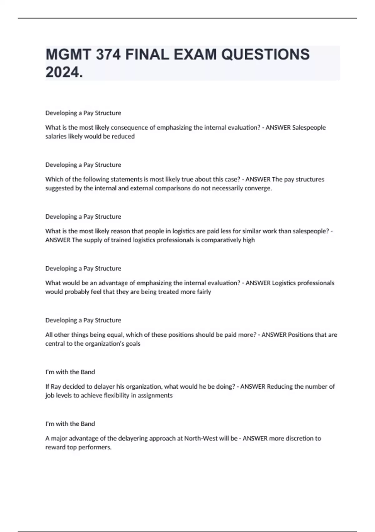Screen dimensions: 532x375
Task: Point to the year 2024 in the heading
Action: [63, 72]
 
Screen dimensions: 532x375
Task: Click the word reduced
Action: [124, 136]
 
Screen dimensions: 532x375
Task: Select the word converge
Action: [258, 188]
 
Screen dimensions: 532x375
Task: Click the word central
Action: [55, 344]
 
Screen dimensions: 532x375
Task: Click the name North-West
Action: [201, 438]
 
